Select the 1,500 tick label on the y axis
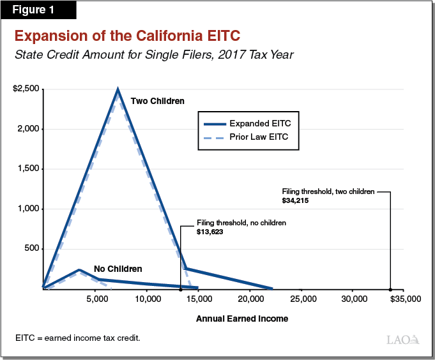click(29, 169)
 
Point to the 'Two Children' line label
click(157, 101)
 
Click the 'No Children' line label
click(118, 269)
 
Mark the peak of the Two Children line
click(118, 89)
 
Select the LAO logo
click(403, 339)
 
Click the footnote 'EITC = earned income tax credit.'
click(77, 337)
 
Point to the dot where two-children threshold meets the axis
click(390, 289)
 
